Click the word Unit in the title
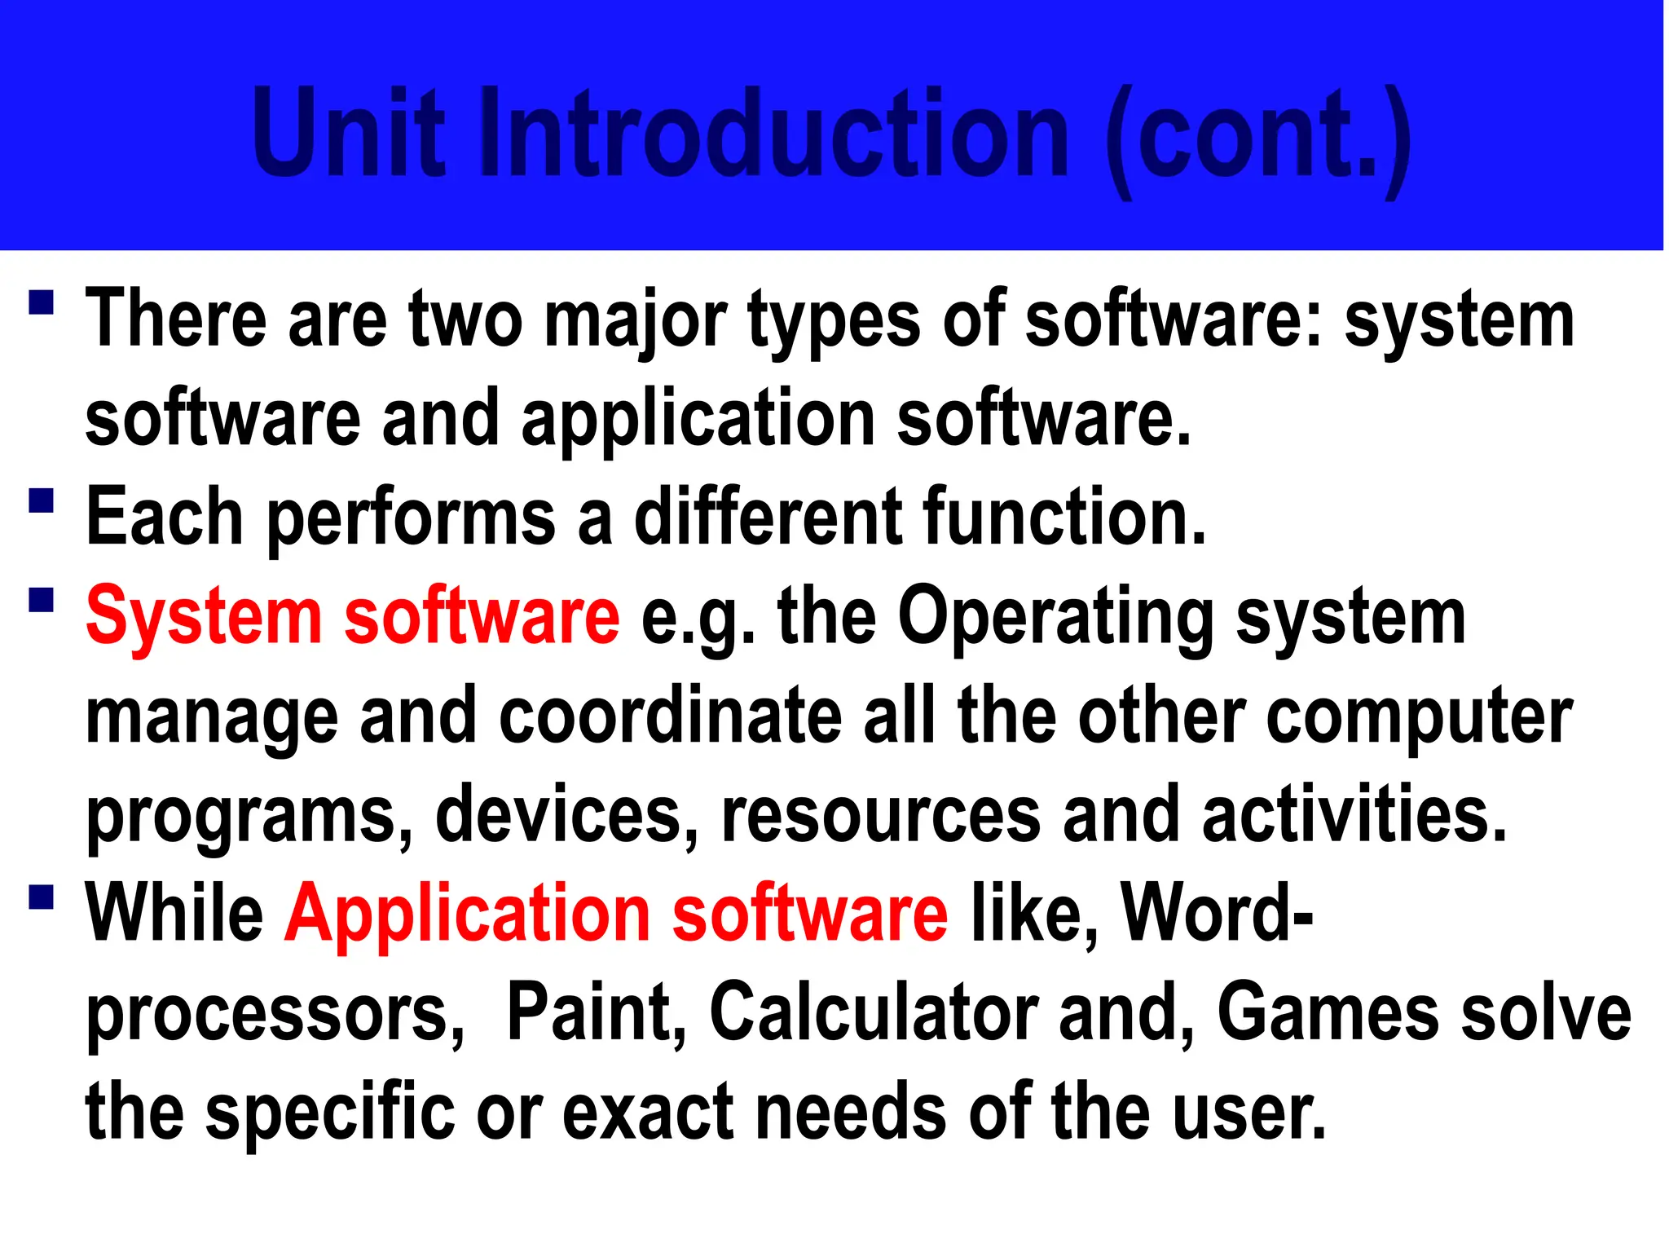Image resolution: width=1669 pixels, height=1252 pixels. [x=349, y=132]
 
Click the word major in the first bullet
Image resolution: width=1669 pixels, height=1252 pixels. [x=635, y=323]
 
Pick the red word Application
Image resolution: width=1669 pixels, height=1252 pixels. [x=467, y=915]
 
